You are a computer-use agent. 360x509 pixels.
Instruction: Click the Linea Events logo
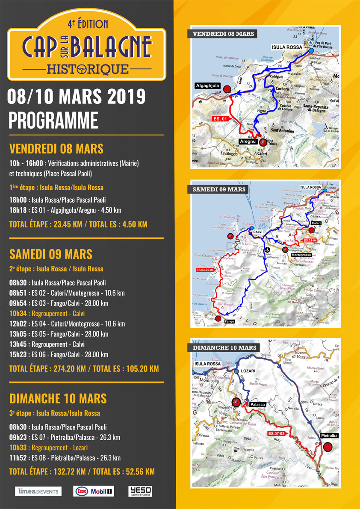click(x=38, y=491)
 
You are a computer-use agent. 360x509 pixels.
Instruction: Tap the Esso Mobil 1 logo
click(x=94, y=491)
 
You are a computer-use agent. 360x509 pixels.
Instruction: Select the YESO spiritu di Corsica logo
click(x=140, y=491)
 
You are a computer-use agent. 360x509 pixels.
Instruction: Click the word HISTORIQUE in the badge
click(x=87, y=68)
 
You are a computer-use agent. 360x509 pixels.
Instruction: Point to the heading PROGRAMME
click(x=53, y=121)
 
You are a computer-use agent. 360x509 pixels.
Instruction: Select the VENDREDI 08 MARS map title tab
click(x=223, y=34)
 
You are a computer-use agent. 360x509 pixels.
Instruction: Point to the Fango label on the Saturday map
click(x=230, y=321)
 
